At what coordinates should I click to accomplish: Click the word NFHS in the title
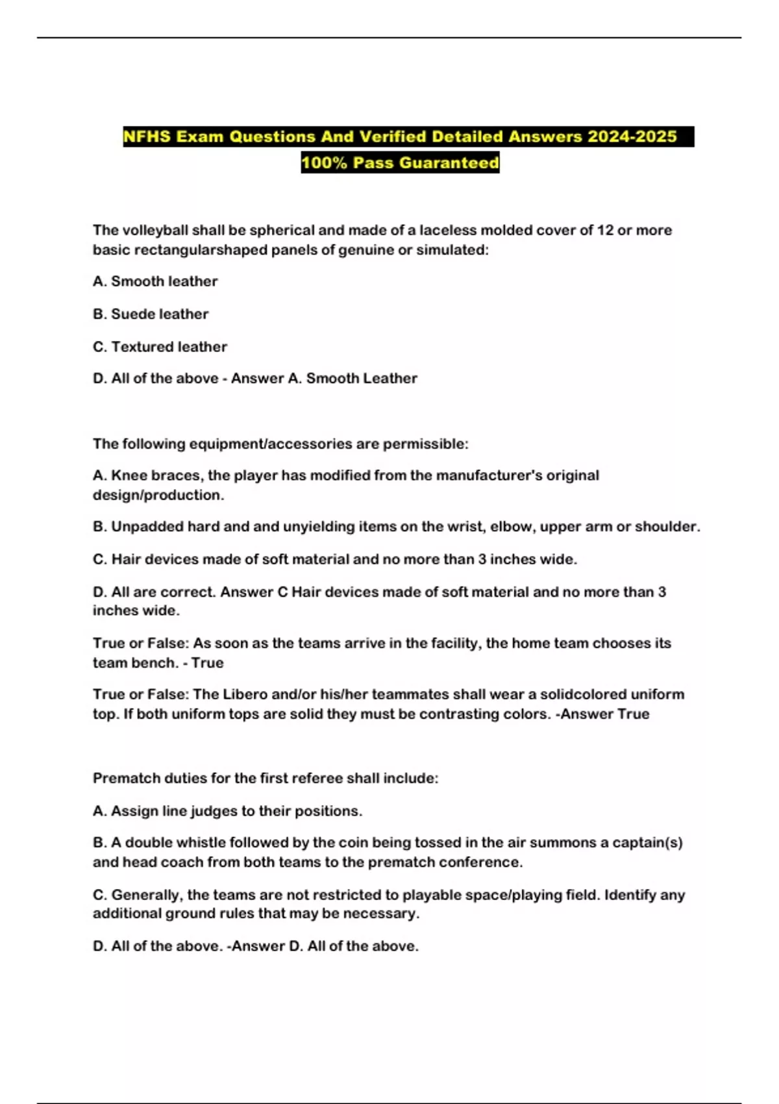pos(147,137)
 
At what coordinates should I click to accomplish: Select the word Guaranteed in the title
pos(449,163)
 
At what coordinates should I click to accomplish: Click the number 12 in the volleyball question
pos(604,231)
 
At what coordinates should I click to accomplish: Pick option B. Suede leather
pos(151,314)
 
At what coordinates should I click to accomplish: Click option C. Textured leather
pos(160,347)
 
